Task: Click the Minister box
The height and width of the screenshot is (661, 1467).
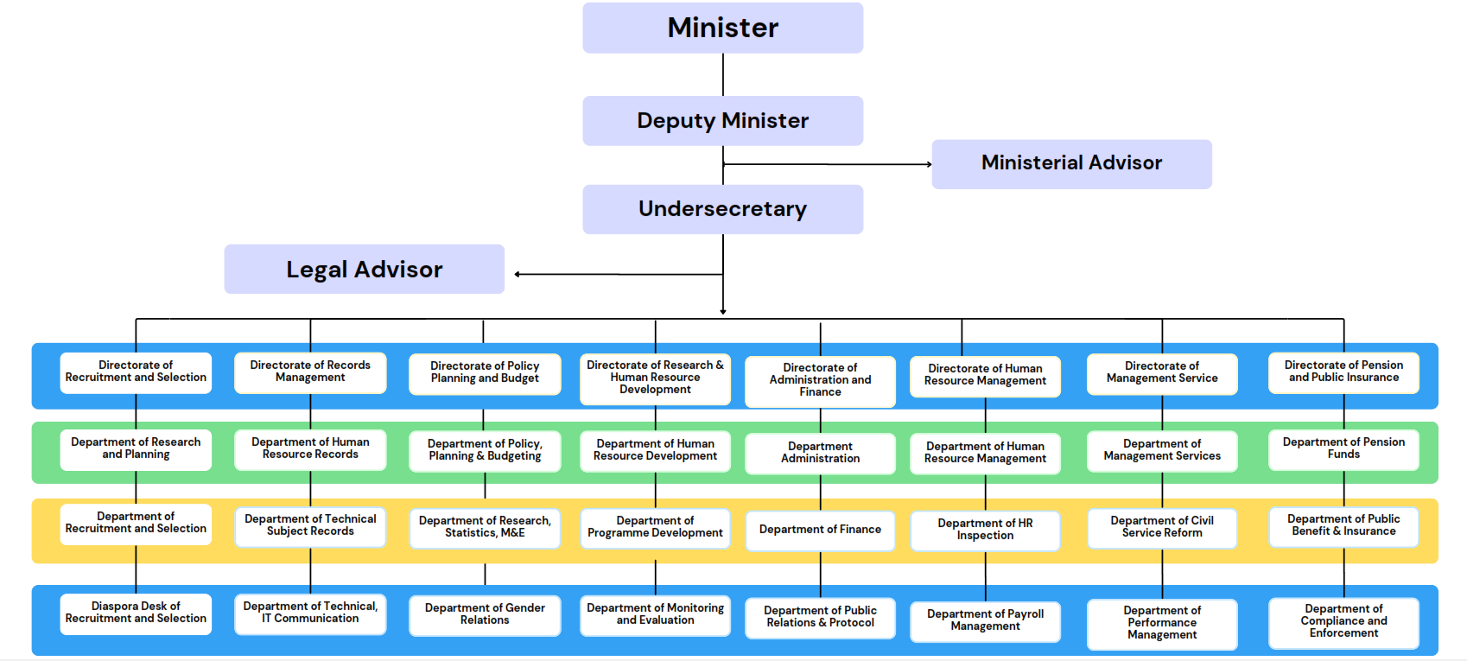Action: click(722, 28)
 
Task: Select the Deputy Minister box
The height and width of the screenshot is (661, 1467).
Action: click(722, 121)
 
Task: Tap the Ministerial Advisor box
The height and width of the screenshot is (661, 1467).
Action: click(1071, 163)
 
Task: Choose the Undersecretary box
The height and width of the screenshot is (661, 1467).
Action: click(722, 209)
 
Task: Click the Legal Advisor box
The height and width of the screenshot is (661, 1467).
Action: click(364, 270)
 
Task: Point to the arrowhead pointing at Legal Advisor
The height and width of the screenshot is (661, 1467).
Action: click(518, 275)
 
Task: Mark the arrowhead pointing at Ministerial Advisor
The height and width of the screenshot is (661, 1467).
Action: click(929, 164)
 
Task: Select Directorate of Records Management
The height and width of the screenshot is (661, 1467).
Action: click(310, 372)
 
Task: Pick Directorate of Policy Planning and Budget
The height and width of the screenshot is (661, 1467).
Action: click(485, 373)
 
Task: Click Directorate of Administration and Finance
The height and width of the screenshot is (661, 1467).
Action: click(820, 381)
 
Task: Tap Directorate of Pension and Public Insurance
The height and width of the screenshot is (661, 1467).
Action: click(1343, 372)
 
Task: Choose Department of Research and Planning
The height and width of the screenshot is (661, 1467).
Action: click(136, 449)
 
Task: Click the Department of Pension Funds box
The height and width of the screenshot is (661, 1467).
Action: click(1343, 449)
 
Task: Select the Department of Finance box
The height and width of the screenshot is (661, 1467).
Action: click(820, 530)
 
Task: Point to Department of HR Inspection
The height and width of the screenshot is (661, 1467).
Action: click(985, 530)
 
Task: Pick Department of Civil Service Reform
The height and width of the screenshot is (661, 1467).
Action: click(1162, 527)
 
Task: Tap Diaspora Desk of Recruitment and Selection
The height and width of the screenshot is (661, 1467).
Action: click(136, 613)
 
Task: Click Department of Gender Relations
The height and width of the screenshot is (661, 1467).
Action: click(485, 615)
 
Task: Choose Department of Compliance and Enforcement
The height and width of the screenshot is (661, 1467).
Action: click(1343, 622)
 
